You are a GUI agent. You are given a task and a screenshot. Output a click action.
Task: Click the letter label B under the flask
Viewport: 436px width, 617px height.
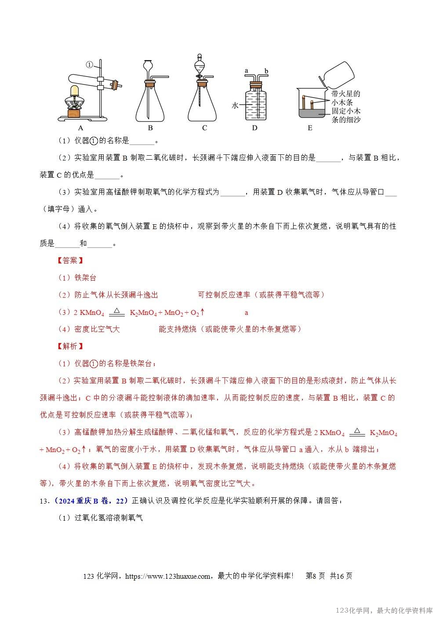click(150, 128)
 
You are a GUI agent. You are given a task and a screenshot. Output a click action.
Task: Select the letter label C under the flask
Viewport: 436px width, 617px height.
click(204, 128)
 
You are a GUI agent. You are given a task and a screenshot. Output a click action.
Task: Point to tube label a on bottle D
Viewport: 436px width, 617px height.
click(246, 70)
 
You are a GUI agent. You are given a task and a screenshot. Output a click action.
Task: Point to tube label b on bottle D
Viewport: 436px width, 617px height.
click(266, 70)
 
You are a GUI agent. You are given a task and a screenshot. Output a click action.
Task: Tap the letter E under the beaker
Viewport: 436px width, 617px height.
click(310, 128)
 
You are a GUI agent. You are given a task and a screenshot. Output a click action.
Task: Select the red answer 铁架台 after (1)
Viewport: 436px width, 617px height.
click(85, 278)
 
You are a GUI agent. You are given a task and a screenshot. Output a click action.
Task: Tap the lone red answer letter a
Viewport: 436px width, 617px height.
click(246, 313)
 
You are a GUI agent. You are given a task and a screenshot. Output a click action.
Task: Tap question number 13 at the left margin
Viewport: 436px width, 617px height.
click(44, 501)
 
